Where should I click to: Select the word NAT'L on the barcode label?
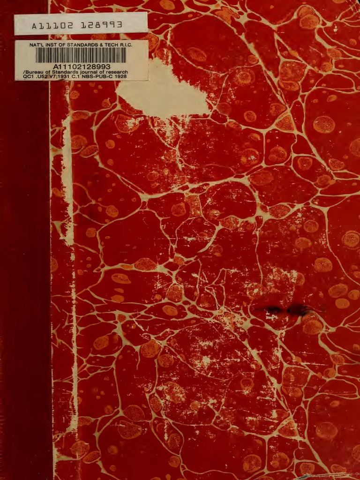point(38,45)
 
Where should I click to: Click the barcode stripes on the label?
point(81,56)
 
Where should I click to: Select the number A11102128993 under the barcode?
point(82,67)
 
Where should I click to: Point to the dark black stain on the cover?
point(284,309)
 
